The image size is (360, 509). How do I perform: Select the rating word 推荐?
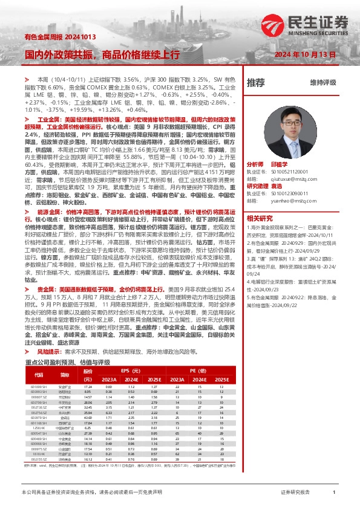[255, 82]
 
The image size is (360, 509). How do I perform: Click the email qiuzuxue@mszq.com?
[298, 178]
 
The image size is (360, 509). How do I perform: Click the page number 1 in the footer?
[333, 493]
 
